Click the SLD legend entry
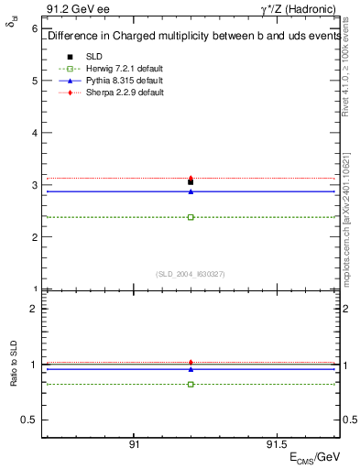point(94,57)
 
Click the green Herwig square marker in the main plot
point(191,217)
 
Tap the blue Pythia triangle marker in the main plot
point(191,191)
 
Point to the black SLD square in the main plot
point(191,182)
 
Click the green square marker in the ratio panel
point(191,384)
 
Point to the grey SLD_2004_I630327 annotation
point(191,273)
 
